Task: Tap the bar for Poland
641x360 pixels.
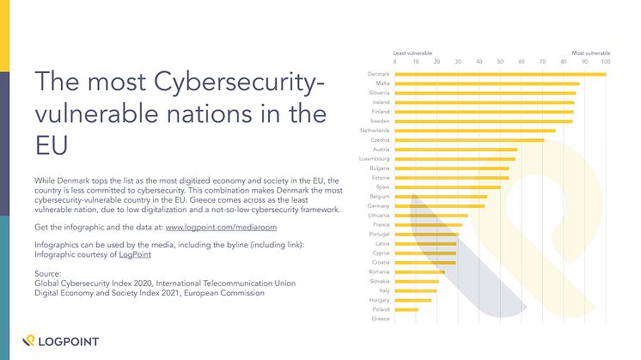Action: click(x=406, y=309)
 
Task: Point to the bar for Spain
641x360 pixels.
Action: click(x=447, y=186)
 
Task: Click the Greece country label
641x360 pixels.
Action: click(x=381, y=319)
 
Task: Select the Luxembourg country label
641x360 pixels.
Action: click(x=375, y=159)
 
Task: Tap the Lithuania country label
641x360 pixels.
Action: click(x=377, y=215)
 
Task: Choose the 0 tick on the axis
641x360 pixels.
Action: click(x=395, y=62)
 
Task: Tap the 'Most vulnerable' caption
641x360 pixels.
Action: click(x=591, y=53)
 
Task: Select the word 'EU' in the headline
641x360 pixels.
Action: click(x=50, y=142)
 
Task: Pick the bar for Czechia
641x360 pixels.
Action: click(x=469, y=140)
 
